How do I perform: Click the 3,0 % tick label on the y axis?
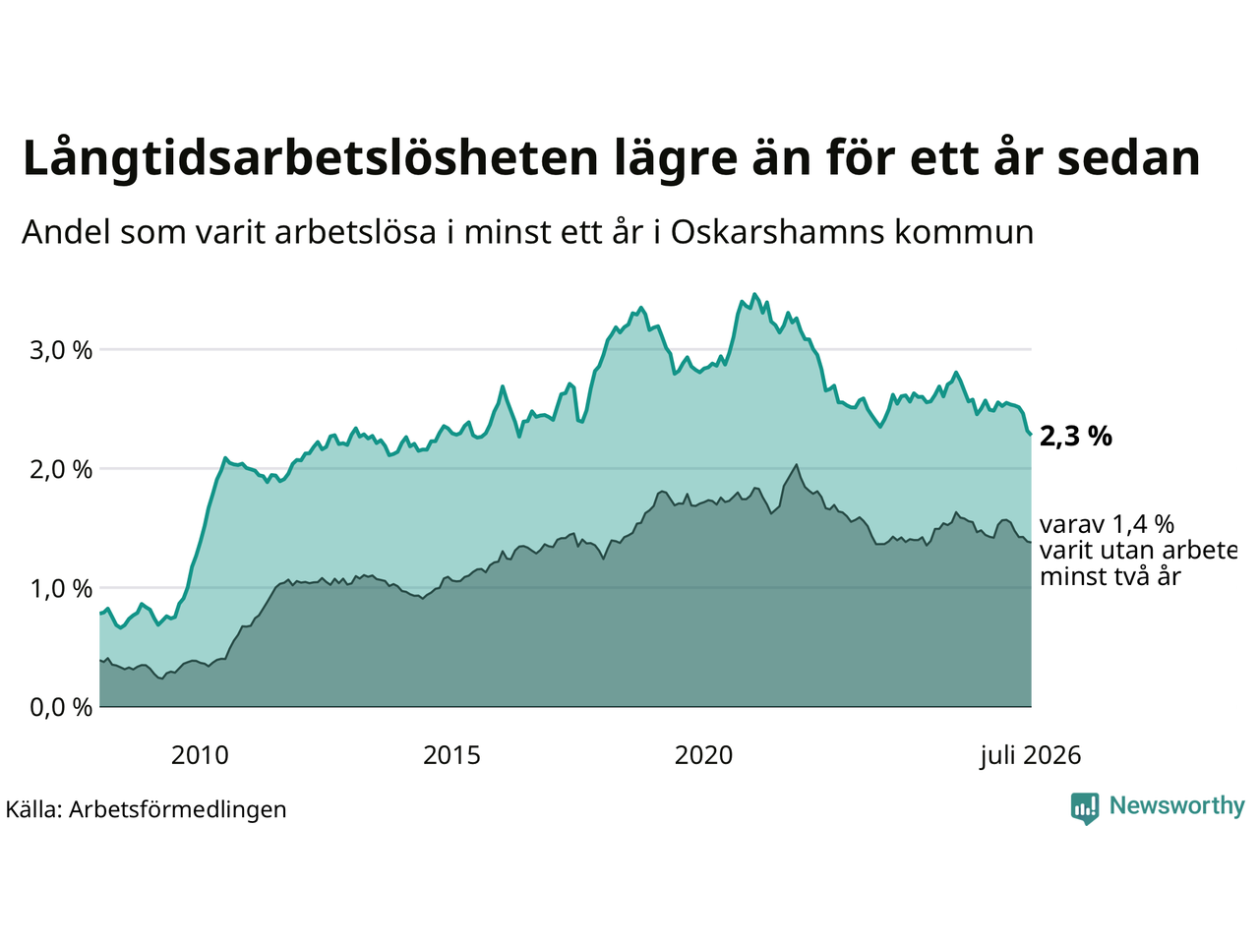coord(61,350)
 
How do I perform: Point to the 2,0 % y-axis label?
coord(61,470)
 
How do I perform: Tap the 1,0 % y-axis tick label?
coord(61,589)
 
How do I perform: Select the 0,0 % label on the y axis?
coord(61,708)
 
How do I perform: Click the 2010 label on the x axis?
coord(200,755)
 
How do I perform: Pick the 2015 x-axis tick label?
coord(451,755)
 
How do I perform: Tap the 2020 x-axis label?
coord(703,755)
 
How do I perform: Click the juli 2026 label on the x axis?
coord(1030,755)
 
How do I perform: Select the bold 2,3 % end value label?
coord(1075,437)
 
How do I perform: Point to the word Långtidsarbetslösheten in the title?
coord(310,159)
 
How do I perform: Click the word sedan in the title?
coord(1129,157)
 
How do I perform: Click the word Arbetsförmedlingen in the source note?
coord(177,810)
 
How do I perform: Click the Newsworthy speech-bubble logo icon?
coord(1085,808)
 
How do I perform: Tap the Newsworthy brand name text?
coord(1177,806)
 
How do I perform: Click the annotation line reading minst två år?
coord(1109,576)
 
